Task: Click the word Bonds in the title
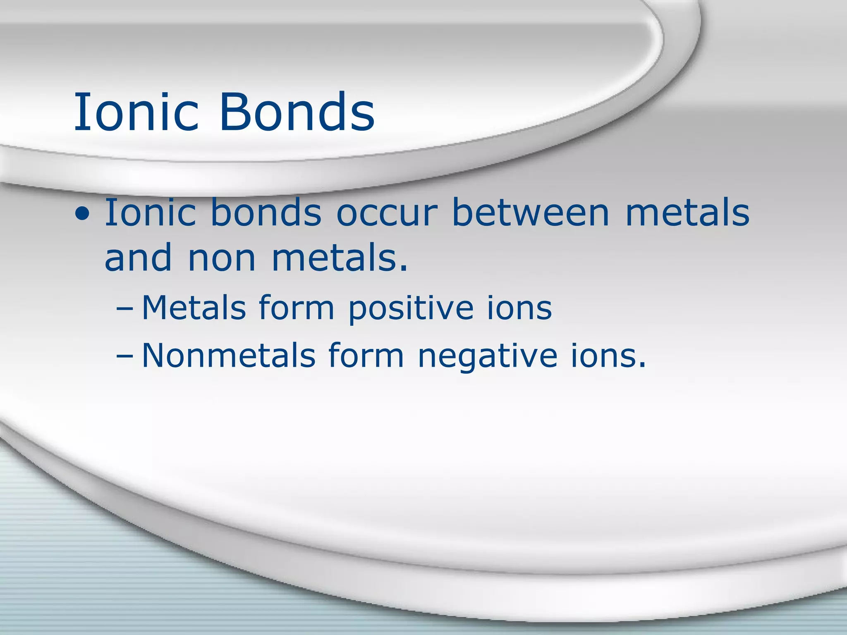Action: (297, 112)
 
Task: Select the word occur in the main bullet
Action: (386, 213)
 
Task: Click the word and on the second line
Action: (138, 258)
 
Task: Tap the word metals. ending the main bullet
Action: (339, 258)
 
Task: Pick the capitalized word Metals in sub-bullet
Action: (194, 308)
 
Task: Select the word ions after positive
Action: (519, 308)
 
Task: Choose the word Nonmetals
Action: (229, 355)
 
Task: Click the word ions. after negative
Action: (608, 355)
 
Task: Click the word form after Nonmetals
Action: (366, 355)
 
